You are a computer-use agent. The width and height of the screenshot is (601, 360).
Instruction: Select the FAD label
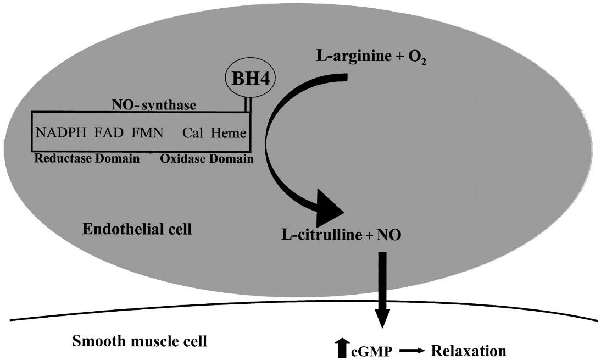(x=109, y=133)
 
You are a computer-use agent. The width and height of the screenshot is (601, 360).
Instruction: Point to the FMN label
(x=147, y=133)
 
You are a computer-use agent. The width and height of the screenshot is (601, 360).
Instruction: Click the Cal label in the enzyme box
(x=193, y=133)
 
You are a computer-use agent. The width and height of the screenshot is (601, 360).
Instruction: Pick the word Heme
(x=229, y=133)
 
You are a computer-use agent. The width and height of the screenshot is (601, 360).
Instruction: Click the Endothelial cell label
(x=137, y=229)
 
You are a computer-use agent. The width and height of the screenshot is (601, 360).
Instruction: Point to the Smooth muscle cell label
(x=140, y=342)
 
